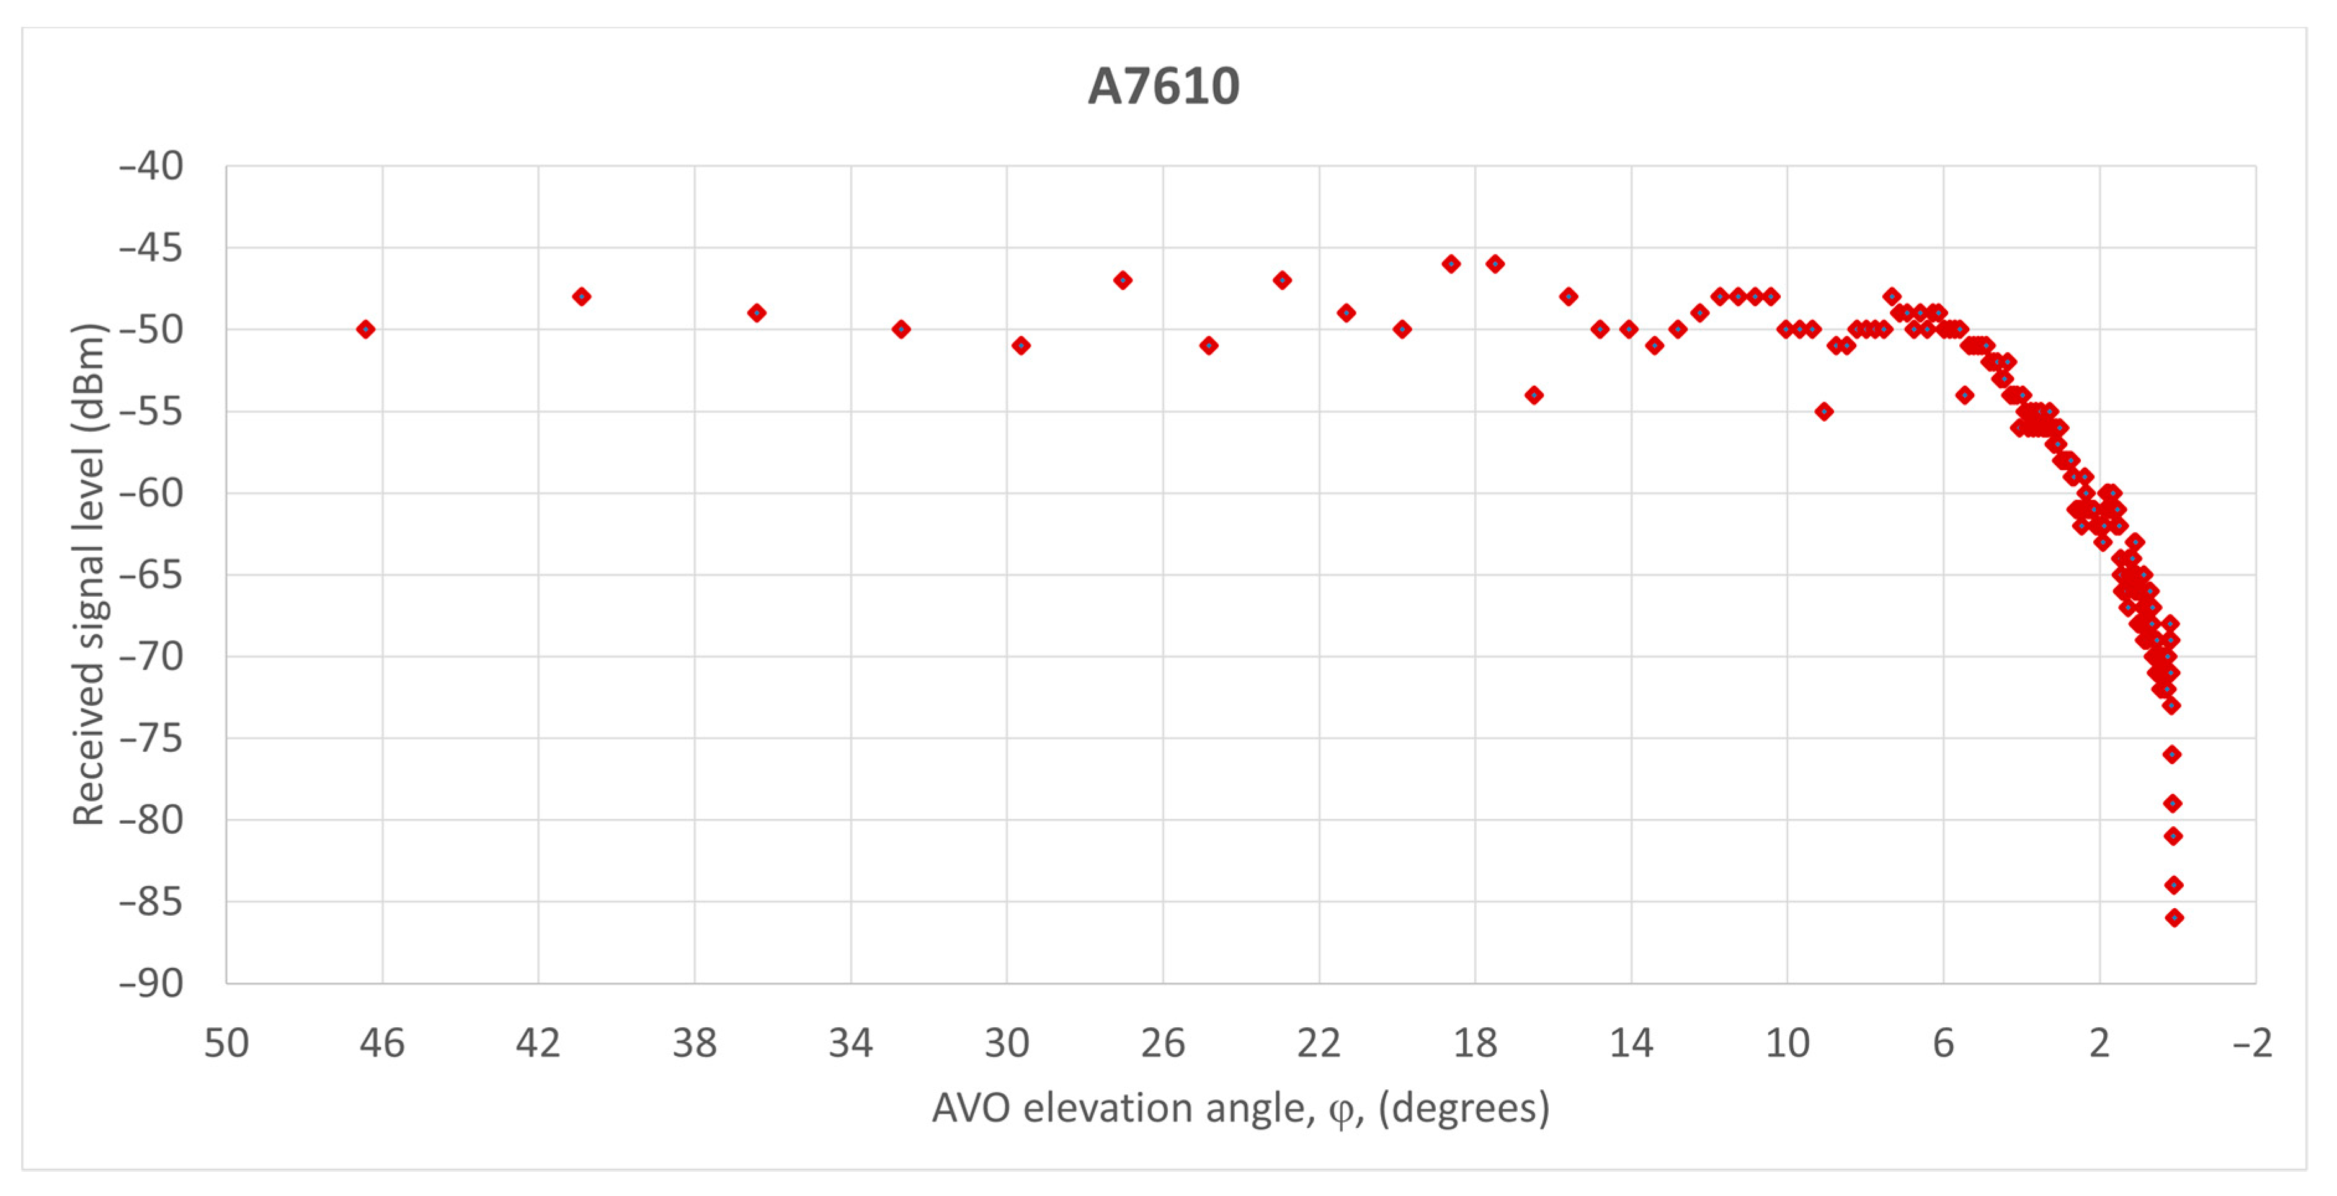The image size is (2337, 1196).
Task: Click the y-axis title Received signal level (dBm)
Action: pyautogui.click(x=89, y=574)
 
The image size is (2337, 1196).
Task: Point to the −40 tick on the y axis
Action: pyautogui.click(x=151, y=166)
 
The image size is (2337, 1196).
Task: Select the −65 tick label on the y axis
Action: pyautogui.click(x=151, y=574)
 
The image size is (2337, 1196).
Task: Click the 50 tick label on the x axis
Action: pyautogui.click(x=226, y=1043)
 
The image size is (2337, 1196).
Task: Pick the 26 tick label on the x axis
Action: pyautogui.click(x=1162, y=1043)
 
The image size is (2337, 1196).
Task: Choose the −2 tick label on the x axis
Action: pyautogui.click(x=2253, y=1043)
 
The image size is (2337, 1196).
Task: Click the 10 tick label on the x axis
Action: pyautogui.click(x=1787, y=1043)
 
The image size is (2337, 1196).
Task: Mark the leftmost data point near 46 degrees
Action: pyautogui.click(x=365, y=329)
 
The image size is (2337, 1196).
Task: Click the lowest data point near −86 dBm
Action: pyautogui.click(x=2175, y=917)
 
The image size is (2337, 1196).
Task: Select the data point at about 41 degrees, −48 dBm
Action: pyautogui.click(x=582, y=297)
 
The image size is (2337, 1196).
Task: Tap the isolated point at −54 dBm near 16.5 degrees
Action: pyautogui.click(x=1534, y=395)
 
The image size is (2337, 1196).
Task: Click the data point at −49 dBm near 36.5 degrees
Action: pyautogui.click(x=757, y=313)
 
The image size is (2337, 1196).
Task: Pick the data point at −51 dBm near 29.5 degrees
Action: pyautogui.click(x=1021, y=346)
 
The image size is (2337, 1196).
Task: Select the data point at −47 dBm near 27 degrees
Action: pyautogui.click(x=1122, y=280)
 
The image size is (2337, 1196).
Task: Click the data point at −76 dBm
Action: pyautogui.click(x=2172, y=754)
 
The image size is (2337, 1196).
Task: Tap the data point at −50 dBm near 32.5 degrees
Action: pyautogui.click(x=901, y=329)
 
